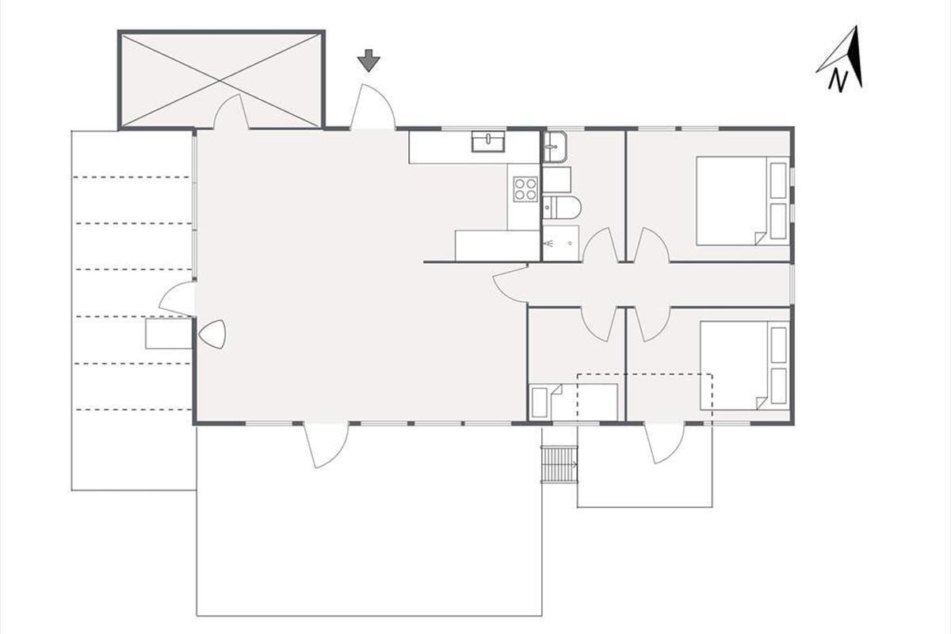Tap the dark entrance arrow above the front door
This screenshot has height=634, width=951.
point(369,60)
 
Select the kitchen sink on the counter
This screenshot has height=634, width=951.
point(488,141)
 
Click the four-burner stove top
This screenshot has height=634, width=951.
point(525,189)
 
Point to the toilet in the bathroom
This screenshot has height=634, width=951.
point(561,208)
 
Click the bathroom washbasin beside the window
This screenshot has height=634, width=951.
point(555,147)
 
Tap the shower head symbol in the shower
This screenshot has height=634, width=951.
point(550,243)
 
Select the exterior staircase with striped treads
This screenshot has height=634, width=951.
point(560,464)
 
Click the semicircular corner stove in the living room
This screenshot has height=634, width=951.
point(212,334)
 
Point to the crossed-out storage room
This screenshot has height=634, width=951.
point(221,79)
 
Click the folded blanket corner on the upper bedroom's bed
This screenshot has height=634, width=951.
point(760,239)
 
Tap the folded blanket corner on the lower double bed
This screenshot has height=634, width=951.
point(762,403)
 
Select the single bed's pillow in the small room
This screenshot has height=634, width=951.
point(540,402)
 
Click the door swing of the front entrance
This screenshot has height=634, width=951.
point(372,106)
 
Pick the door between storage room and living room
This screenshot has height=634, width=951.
point(231,111)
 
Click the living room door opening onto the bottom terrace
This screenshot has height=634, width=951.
point(326,446)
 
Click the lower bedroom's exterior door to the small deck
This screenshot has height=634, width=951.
point(664,444)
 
